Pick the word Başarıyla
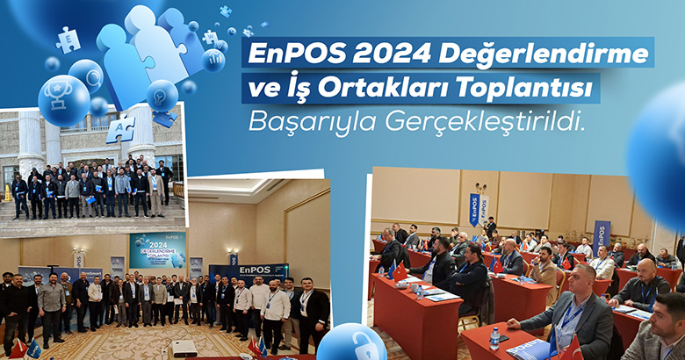[x=313, y=122]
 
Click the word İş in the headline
[x=299, y=89]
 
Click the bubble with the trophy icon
[x=64, y=100]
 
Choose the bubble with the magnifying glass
[x=86, y=76]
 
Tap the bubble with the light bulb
[x=162, y=95]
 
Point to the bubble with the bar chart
[x=213, y=61]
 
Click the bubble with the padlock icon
[x=351, y=342]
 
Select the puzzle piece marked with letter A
[x=120, y=129]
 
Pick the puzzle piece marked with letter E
[x=68, y=40]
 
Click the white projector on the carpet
[x=184, y=349]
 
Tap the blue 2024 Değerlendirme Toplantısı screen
[x=158, y=250]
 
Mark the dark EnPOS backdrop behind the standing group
[x=249, y=273]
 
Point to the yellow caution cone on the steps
[x=7, y=193]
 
